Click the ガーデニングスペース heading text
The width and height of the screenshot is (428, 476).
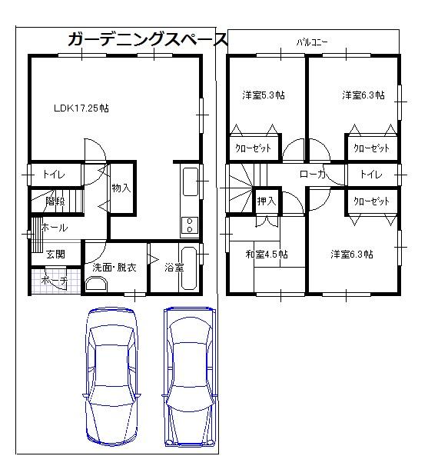[x=148, y=39]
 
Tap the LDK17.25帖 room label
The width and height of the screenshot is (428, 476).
[x=81, y=108]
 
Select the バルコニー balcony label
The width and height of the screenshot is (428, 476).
[x=313, y=42]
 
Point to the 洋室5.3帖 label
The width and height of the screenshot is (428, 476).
[x=264, y=95]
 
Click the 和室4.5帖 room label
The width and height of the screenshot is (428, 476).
[x=267, y=254]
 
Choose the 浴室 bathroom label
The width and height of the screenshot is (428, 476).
[x=174, y=268]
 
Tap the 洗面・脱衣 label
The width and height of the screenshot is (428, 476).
[x=114, y=268]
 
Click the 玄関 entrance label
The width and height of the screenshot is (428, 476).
[x=55, y=254]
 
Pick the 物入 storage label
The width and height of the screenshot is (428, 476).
[x=121, y=187]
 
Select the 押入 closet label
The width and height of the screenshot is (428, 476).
[x=267, y=201]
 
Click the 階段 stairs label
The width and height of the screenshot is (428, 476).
[x=55, y=201]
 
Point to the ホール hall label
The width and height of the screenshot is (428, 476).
[x=54, y=228]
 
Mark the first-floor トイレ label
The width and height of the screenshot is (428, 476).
[x=54, y=174]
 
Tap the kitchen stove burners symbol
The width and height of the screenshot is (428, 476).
[x=187, y=224]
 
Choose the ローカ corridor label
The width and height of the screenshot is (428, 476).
[x=313, y=175]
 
